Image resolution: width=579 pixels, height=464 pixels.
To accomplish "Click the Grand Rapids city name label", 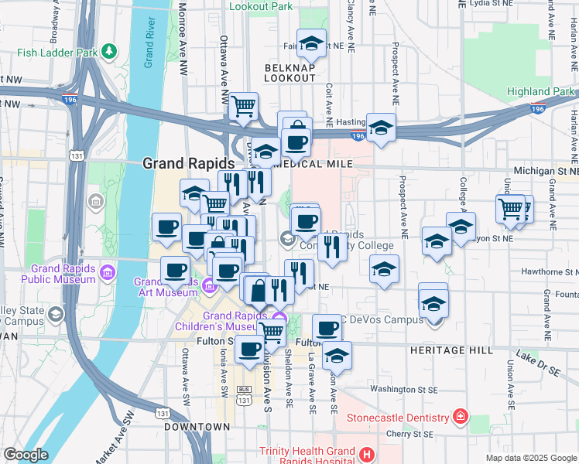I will [x=188, y=164].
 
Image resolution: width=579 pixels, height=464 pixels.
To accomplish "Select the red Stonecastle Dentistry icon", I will [x=461, y=418].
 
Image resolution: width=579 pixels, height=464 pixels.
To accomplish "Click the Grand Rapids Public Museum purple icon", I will [x=107, y=273].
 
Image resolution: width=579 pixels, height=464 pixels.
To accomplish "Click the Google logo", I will [x=26, y=455].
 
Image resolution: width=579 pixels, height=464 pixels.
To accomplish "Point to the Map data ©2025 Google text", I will [x=530, y=458].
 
